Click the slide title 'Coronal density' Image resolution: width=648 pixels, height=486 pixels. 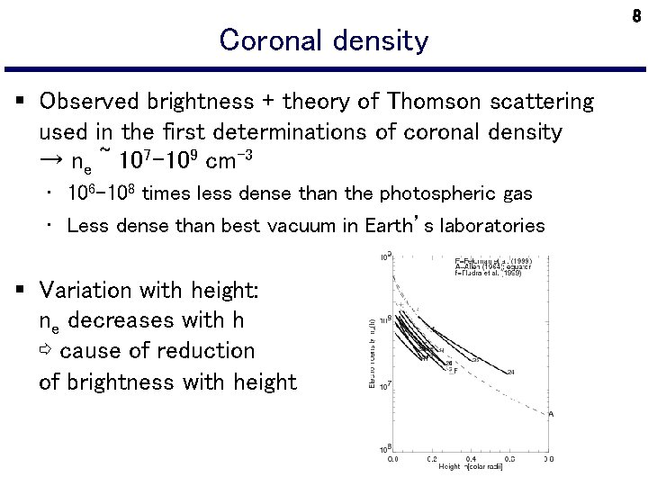pyautogui.click(x=324, y=40)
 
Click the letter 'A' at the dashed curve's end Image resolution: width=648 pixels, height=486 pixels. pyautogui.click(x=551, y=414)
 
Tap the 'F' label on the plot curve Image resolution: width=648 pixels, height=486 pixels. pyautogui.click(x=455, y=371)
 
